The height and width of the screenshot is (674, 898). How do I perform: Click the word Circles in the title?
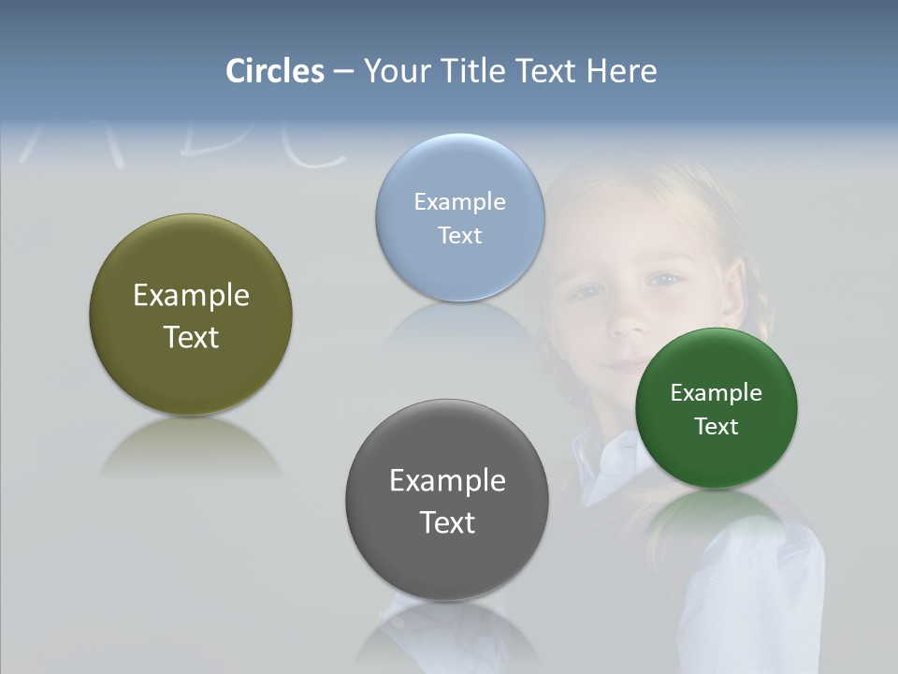(x=275, y=71)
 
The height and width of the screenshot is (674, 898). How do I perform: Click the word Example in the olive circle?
(x=191, y=296)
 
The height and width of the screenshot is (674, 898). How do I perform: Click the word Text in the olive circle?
(x=191, y=337)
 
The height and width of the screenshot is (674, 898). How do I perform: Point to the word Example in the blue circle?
(x=459, y=202)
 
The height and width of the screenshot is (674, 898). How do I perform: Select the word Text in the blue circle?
(x=459, y=235)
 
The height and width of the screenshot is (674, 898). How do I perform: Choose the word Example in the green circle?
(x=716, y=393)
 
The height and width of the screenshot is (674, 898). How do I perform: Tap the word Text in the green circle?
(x=716, y=427)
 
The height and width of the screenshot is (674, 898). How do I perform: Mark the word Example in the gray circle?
(x=447, y=481)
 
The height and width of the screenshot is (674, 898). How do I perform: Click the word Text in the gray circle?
(x=447, y=522)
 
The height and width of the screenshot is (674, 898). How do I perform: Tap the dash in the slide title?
(x=343, y=71)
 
